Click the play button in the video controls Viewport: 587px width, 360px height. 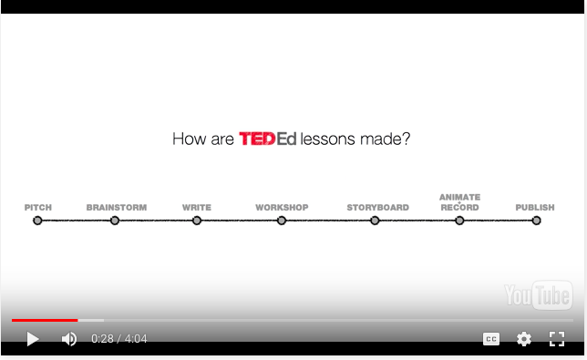click(x=33, y=339)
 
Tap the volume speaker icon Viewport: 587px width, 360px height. click(x=69, y=339)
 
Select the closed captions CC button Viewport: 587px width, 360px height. click(x=491, y=339)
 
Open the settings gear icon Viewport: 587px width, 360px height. click(x=524, y=339)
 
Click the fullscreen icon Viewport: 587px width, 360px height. click(x=557, y=339)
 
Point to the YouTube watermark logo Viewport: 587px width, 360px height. click(x=538, y=294)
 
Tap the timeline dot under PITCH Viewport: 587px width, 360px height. click(x=37, y=220)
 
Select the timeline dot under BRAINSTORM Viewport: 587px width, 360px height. click(x=115, y=220)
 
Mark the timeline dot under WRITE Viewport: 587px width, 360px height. click(x=197, y=220)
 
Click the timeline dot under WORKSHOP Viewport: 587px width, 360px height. click(x=282, y=220)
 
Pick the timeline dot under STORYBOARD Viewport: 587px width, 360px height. click(x=375, y=220)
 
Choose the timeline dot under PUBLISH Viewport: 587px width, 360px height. click(x=536, y=220)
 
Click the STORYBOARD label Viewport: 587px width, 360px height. click(x=377, y=208)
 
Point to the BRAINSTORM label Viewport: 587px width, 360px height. click(x=117, y=208)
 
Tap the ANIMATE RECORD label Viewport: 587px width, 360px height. click(x=459, y=202)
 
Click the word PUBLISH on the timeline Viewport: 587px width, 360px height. click(x=535, y=208)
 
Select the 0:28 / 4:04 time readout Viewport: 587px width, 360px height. click(x=119, y=339)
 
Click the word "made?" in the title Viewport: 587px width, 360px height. click(x=389, y=139)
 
